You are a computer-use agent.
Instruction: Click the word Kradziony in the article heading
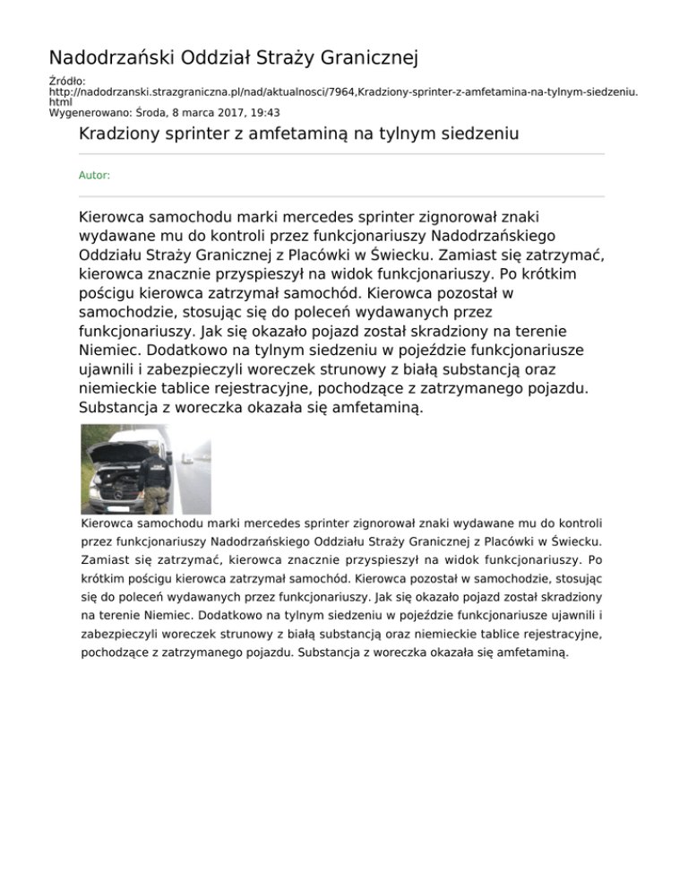coord(122,135)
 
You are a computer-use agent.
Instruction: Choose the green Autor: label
coord(94,176)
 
